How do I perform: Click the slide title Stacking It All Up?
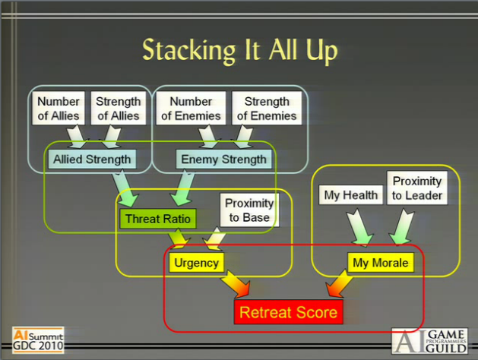(239, 50)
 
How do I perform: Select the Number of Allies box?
(59, 108)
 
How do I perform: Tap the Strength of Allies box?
(118, 108)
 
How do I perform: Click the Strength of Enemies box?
(267, 108)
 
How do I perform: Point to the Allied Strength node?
(91, 159)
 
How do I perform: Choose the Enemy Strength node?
(223, 159)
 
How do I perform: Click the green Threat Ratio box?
(157, 219)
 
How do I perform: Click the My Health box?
(350, 195)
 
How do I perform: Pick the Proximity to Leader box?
(416, 188)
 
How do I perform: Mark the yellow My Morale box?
(379, 264)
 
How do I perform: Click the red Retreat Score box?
(288, 311)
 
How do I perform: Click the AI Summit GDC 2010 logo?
(37, 337)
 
